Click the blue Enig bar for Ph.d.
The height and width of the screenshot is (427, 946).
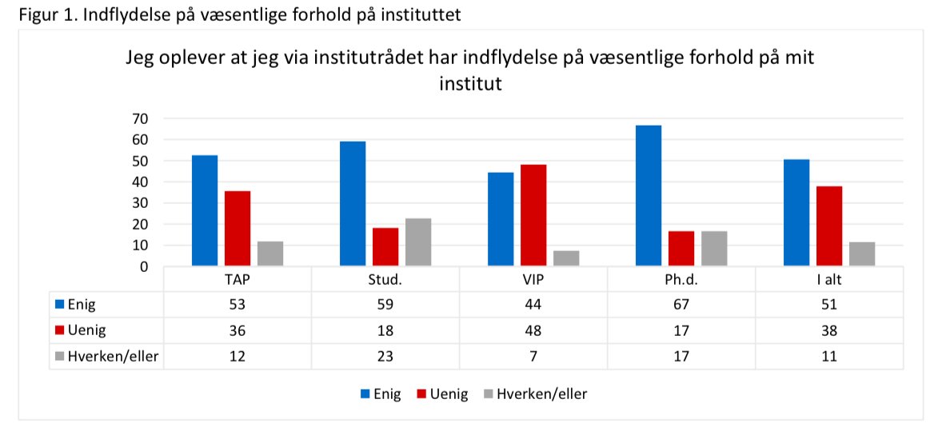[649, 196]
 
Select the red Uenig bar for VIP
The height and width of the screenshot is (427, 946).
[533, 215]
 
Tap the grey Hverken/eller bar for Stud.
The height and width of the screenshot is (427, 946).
[418, 241]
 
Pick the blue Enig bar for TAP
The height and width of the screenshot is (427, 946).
[205, 210]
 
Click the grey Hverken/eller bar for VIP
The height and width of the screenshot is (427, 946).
[566, 258]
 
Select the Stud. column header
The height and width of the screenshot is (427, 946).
[385, 281]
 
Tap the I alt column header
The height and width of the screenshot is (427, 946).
[829, 281]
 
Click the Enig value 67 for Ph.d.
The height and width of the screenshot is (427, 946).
[681, 305]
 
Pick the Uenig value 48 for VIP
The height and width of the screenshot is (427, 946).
[533, 330]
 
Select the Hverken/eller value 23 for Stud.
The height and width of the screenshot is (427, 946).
[385, 356]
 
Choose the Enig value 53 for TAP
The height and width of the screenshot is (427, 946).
[237, 305]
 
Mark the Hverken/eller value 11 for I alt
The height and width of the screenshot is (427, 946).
[829, 356]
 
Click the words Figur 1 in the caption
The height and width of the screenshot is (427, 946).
[40, 14]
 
